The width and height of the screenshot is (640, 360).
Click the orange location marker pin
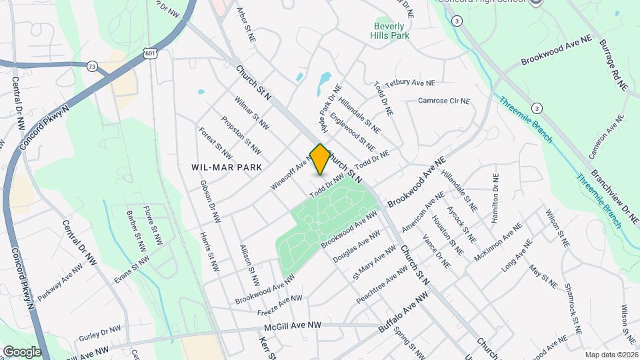tap(320, 159)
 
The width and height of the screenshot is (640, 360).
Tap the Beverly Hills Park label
tap(390, 31)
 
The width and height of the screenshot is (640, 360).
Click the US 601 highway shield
tap(151, 54)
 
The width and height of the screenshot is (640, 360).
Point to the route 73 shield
tap(92, 65)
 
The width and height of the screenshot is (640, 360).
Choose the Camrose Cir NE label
tap(444, 101)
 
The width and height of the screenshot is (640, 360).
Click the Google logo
tap(21, 351)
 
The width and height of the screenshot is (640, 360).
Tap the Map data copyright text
tap(611, 355)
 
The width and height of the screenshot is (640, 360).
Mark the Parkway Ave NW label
tap(61, 281)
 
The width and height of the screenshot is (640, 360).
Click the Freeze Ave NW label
tap(279, 306)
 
